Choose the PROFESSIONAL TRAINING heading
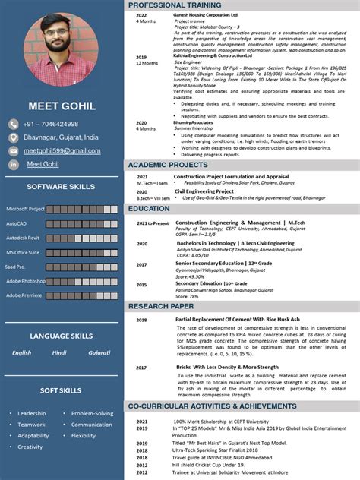click(x=174, y=5)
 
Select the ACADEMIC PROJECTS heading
click(x=168, y=165)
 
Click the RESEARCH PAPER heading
click(x=161, y=306)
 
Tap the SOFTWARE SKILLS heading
click(x=61, y=186)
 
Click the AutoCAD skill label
click(x=17, y=223)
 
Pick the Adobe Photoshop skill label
click(x=26, y=281)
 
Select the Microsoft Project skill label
click(x=26, y=209)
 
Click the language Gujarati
click(x=99, y=352)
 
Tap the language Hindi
click(x=59, y=352)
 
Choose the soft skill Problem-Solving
click(x=93, y=414)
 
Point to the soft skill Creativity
click(x=30, y=447)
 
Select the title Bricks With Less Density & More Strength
click(x=227, y=367)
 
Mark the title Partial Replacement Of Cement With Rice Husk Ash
click(x=238, y=319)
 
